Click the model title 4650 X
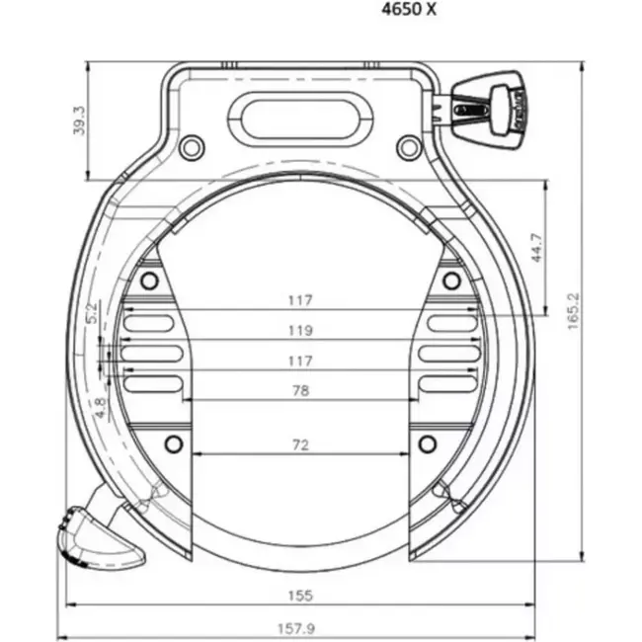click(409, 11)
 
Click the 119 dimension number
click(301, 330)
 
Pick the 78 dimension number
click(301, 390)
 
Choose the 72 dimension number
click(301, 444)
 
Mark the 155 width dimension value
click(301, 595)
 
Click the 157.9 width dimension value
click(301, 628)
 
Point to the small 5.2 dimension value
click(92, 314)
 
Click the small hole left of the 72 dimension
click(175, 441)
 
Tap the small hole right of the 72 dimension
click(427, 441)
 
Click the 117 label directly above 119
click(301, 300)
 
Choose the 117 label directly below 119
click(301, 361)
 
